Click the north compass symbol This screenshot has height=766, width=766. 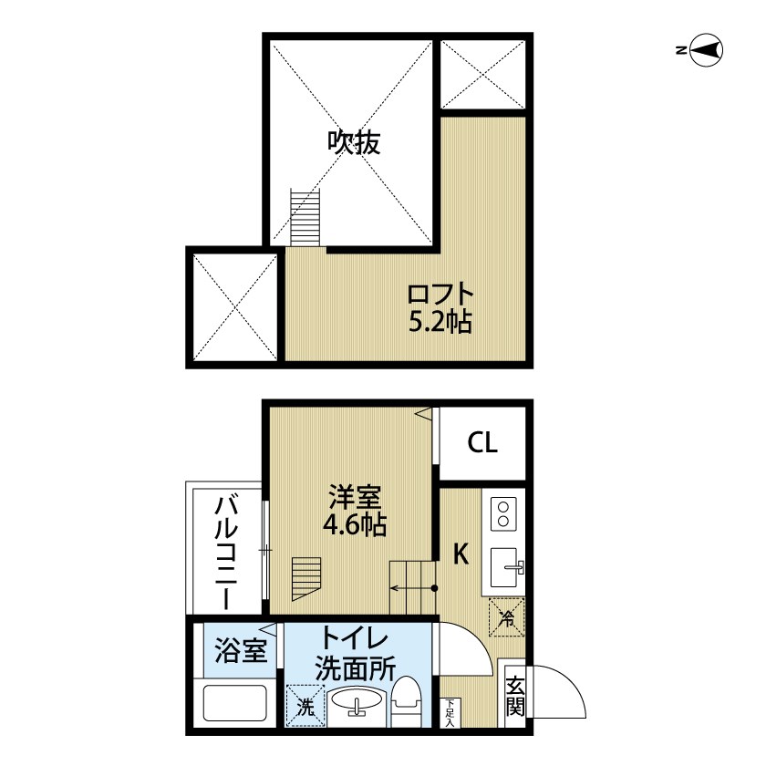(x=706, y=50)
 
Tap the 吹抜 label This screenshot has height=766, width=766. (x=354, y=143)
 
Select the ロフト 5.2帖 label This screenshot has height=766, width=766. (x=440, y=308)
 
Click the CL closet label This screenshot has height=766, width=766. (x=482, y=443)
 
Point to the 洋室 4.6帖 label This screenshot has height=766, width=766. (x=354, y=511)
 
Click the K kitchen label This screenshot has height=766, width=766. (x=461, y=554)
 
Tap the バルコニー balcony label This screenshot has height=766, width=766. (x=226, y=553)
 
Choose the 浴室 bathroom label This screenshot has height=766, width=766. (x=241, y=651)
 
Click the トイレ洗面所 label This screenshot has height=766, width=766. (x=355, y=655)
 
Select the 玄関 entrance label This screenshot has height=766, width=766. (x=515, y=696)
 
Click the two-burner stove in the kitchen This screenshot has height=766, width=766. (x=503, y=512)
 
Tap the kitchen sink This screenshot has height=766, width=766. (x=506, y=567)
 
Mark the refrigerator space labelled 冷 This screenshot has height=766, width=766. (x=507, y=617)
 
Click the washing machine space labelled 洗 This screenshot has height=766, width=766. (x=305, y=706)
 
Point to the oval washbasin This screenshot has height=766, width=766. (x=357, y=699)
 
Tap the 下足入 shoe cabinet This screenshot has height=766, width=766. (x=450, y=713)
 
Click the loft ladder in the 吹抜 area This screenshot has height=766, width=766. (x=305, y=217)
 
